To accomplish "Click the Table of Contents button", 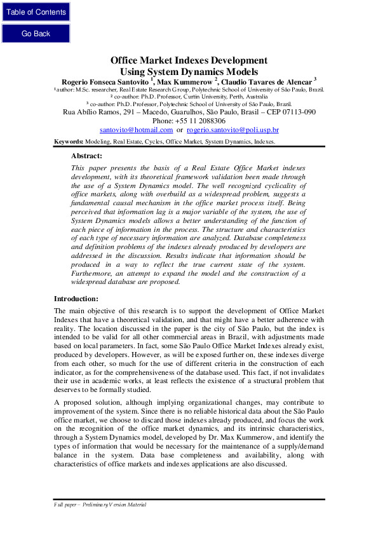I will [x=36, y=12].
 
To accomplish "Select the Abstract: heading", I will [x=86, y=155].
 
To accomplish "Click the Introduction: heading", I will [x=76, y=299].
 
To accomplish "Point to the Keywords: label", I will [x=69, y=141].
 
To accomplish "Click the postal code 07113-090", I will [x=294, y=112].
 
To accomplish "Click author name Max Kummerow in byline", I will [x=184, y=82].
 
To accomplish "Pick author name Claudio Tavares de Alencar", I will [x=267, y=82].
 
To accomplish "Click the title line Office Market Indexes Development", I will [x=189, y=60].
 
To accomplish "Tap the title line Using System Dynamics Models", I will [x=189, y=71].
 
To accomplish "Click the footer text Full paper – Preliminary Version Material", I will [x=100, y=505].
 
